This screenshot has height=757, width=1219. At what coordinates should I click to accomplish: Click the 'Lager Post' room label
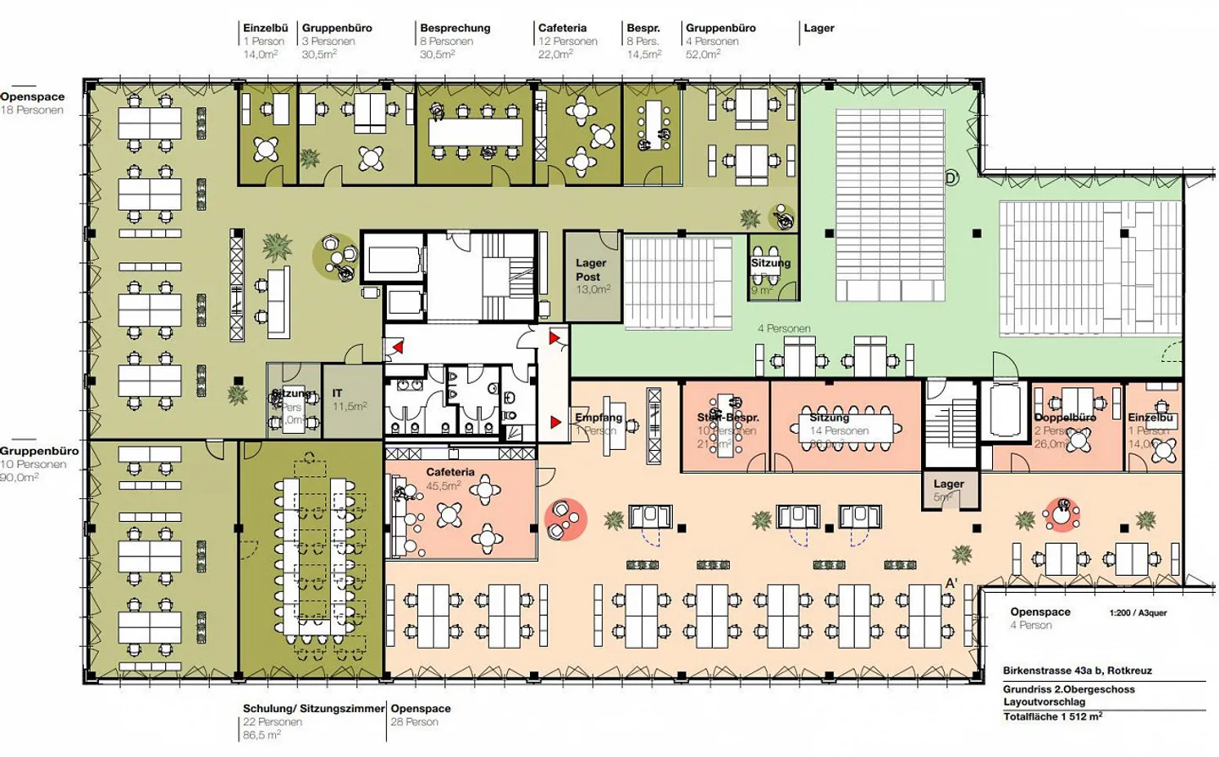click(x=590, y=270)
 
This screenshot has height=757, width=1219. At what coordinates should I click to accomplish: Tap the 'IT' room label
click(x=337, y=393)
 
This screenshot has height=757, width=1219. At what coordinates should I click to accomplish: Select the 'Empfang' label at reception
click(x=598, y=418)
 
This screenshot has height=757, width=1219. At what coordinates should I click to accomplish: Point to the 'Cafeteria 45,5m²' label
click(x=450, y=473)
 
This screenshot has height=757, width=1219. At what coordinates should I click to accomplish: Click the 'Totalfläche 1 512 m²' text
click(x=1052, y=717)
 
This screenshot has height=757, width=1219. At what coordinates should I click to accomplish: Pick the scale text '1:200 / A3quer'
click(x=1138, y=613)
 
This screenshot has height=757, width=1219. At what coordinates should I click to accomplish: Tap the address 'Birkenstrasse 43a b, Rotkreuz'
click(x=1077, y=671)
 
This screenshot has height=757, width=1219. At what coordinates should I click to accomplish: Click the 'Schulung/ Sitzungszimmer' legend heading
click(x=313, y=709)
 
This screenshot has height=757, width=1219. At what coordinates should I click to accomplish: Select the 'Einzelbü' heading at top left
click(x=265, y=28)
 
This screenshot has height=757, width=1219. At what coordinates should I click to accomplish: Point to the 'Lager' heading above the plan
click(x=819, y=28)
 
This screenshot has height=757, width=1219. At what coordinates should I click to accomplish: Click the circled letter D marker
click(x=951, y=178)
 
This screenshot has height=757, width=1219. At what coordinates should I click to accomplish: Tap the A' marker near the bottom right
click(x=951, y=584)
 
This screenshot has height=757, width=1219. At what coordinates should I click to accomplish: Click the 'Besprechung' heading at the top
click(x=455, y=28)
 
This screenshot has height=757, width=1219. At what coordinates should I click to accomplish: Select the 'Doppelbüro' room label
click(x=1065, y=418)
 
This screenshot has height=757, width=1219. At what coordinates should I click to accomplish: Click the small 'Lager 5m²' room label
click(x=948, y=485)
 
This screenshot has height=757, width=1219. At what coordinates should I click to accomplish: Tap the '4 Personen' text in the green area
click(x=784, y=328)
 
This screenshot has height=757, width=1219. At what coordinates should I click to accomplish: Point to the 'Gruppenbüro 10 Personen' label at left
click(x=39, y=458)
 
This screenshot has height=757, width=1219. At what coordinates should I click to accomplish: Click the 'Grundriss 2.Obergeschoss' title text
click(x=1068, y=689)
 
